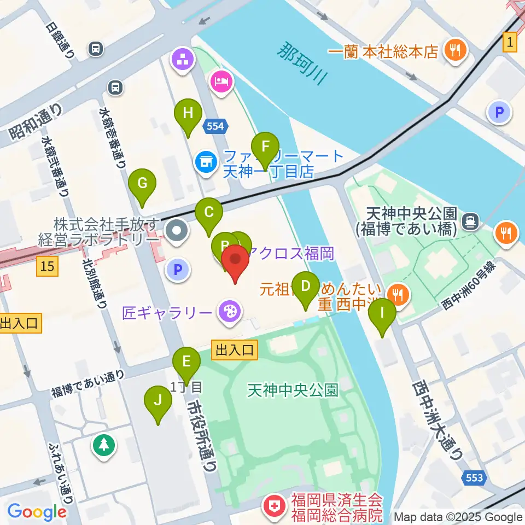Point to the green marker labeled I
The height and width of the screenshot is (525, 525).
coord(382,314)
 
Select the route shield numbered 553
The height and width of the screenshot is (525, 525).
coord(475,478)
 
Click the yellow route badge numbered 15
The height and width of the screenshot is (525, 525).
coord(48,267)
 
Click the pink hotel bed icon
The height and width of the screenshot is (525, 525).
coord(221,82)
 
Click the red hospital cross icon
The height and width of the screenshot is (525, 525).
coord(273,507)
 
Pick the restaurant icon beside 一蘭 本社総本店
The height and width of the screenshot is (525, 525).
coord(454,51)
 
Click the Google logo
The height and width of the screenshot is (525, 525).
coord(37,512)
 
